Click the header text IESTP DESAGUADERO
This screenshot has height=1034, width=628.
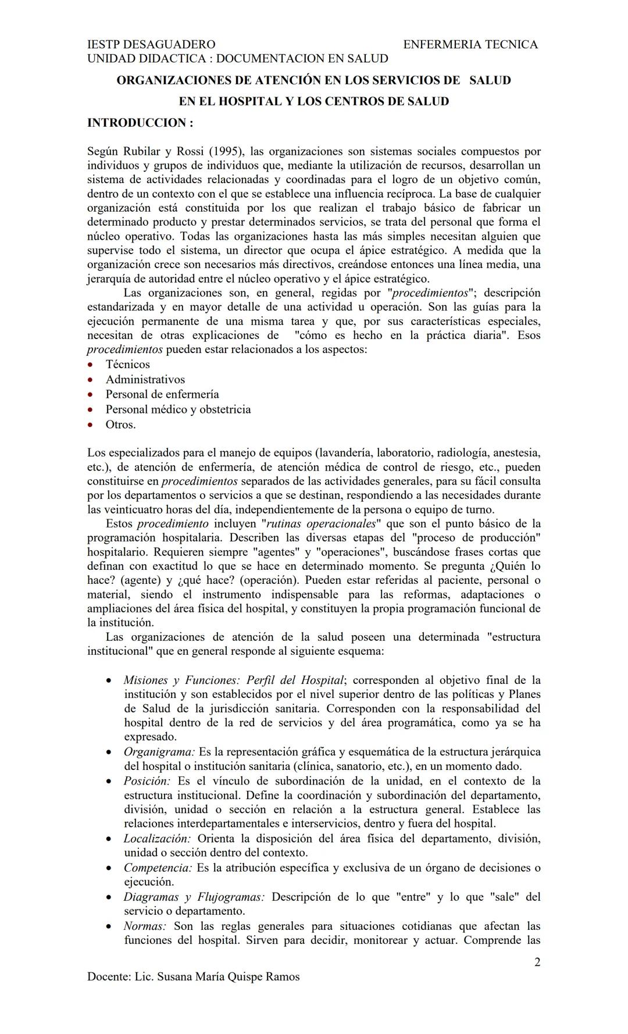(151, 44)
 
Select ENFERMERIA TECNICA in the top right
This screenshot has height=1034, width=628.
(470, 44)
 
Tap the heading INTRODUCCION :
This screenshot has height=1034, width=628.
(140, 123)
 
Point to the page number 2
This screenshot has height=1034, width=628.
(537, 962)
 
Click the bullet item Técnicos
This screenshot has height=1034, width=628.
(127, 365)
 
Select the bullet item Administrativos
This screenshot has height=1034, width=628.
(145, 380)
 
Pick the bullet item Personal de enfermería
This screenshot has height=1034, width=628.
(162, 394)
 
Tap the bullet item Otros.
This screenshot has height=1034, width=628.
(120, 425)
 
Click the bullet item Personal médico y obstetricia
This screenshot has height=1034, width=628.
(178, 409)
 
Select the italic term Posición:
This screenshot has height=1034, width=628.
(147, 781)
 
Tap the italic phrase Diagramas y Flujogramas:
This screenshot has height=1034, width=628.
(194, 897)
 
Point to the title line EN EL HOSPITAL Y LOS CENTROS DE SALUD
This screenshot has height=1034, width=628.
(313, 101)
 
